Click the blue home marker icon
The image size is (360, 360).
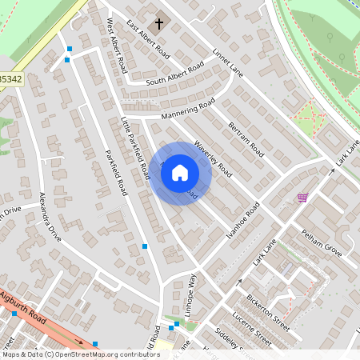click(180, 173)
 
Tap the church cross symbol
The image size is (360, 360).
click(158, 24)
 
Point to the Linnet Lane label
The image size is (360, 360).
click(228, 63)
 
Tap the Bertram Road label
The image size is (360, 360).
click(246, 139)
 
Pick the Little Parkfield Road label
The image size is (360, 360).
click(135, 147)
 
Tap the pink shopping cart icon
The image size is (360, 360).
click(302, 198)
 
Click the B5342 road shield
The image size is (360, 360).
click(10, 79)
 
